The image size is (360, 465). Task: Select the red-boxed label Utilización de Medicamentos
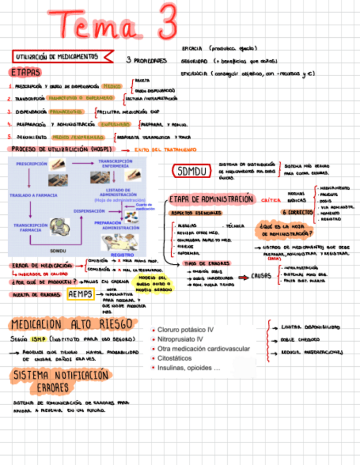point(58,56)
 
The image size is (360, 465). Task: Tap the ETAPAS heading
point(25,72)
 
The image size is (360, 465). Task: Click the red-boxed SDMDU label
point(192,172)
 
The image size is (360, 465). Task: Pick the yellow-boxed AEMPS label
point(81,294)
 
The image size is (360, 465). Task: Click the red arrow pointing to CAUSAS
point(243,277)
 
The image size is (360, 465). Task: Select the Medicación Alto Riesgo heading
point(71,324)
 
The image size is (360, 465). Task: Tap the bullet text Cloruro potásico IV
point(185,330)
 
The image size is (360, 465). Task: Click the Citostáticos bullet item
point(177,359)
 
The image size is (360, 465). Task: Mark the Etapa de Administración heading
point(211,200)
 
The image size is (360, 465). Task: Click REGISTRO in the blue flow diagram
point(122,255)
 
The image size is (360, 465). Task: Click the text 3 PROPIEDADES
point(147,61)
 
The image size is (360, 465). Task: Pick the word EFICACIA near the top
point(192,48)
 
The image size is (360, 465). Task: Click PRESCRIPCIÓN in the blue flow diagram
point(32,163)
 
